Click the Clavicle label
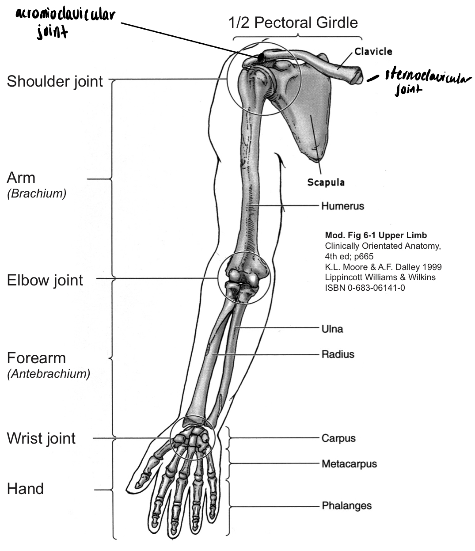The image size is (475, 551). (x=373, y=52)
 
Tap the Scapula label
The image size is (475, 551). (x=326, y=182)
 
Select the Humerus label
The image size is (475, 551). (x=342, y=206)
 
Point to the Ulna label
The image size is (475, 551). (x=332, y=329)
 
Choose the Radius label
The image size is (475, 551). (x=338, y=354)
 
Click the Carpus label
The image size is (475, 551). (x=338, y=438)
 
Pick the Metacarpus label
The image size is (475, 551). (x=349, y=464)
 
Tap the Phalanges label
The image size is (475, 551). (x=346, y=505)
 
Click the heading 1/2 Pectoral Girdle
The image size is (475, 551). (x=293, y=23)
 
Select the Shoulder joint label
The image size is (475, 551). (x=55, y=81)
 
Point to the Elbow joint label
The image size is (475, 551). (x=45, y=280)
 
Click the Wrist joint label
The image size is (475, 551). (x=42, y=438)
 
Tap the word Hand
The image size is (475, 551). (x=25, y=489)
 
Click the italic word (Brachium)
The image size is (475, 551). (x=37, y=194)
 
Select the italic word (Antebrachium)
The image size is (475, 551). (x=49, y=373)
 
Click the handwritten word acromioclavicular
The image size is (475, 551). (x=65, y=16)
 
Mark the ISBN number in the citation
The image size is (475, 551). (x=365, y=288)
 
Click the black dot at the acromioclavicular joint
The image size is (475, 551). (x=261, y=57)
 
